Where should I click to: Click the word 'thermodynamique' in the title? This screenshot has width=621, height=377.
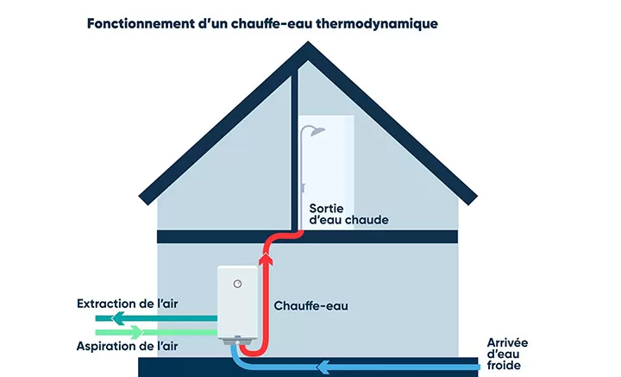tap(377, 24)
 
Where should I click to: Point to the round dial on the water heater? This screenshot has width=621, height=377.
tap(237, 284)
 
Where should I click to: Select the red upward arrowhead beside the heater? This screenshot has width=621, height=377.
tap(267, 258)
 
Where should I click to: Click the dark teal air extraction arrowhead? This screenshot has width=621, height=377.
tap(118, 318)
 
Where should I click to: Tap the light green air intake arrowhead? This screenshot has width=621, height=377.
tap(136, 332)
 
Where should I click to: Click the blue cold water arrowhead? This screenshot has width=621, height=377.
tap(323, 368)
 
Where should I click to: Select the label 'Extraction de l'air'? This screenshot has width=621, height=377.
tap(127, 304)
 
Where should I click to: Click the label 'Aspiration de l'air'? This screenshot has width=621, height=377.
tap(127, 346)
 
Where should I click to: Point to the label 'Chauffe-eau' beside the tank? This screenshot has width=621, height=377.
tap(310, 305)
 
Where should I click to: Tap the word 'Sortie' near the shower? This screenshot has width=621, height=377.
tap(326, 208)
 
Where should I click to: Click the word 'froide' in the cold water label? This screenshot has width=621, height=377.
tap(504, 365)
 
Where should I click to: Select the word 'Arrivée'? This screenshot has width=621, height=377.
tap(507, 342)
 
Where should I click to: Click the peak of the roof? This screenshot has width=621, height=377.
tap(308, 42)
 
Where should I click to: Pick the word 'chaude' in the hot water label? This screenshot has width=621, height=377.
tap(369, 220)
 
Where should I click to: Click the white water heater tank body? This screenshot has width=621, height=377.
tap(237, 302)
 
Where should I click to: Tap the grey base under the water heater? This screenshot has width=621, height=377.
tap(238, 341)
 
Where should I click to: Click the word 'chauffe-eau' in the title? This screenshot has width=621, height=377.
tap(272, 24)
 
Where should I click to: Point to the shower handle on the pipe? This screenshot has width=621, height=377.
tap(303, 188)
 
